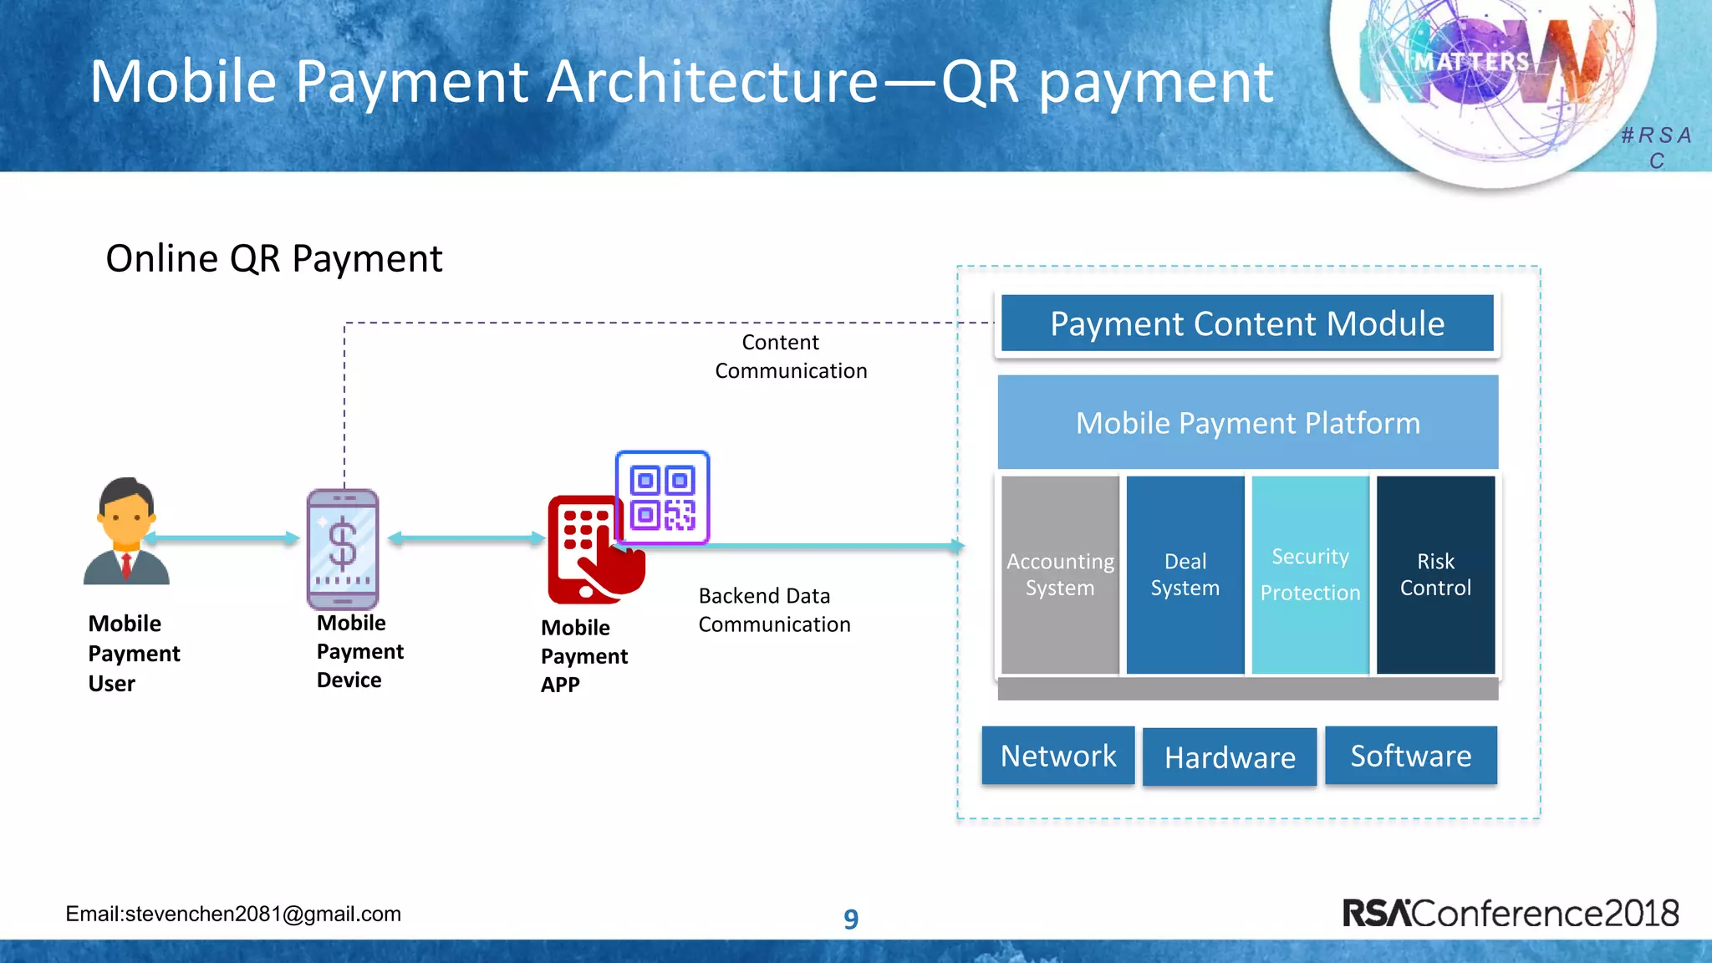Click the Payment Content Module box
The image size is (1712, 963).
(x=1246, y=324)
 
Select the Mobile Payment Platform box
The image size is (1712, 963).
(x=1247, y=422)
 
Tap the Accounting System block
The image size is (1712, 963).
(x=1060, y=574)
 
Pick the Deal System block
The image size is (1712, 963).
(x=1185, y=574)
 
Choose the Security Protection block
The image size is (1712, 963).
(x=1310, y=574)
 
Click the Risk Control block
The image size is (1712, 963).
(x=1435, y=574)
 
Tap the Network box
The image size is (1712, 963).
(x=1058, y=756)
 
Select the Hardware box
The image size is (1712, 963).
(x=1230, y=757)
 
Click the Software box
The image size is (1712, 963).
(x=1411, y=756)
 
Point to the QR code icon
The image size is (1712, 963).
(x=662, y=498)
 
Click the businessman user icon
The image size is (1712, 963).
(x=126, y=532)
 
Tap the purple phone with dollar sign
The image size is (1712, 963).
(x=343, y=548)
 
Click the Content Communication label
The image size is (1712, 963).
(x=790, y=357)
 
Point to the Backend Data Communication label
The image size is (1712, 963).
(x=773, y=610)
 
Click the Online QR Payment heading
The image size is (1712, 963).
(x=273, y=258)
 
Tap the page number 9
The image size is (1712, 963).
(x=850, y=919)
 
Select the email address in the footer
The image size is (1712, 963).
(x=233, y=914)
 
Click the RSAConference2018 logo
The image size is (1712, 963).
(x=1510, y=913)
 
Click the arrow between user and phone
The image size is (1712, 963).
(x=222, y=538)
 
